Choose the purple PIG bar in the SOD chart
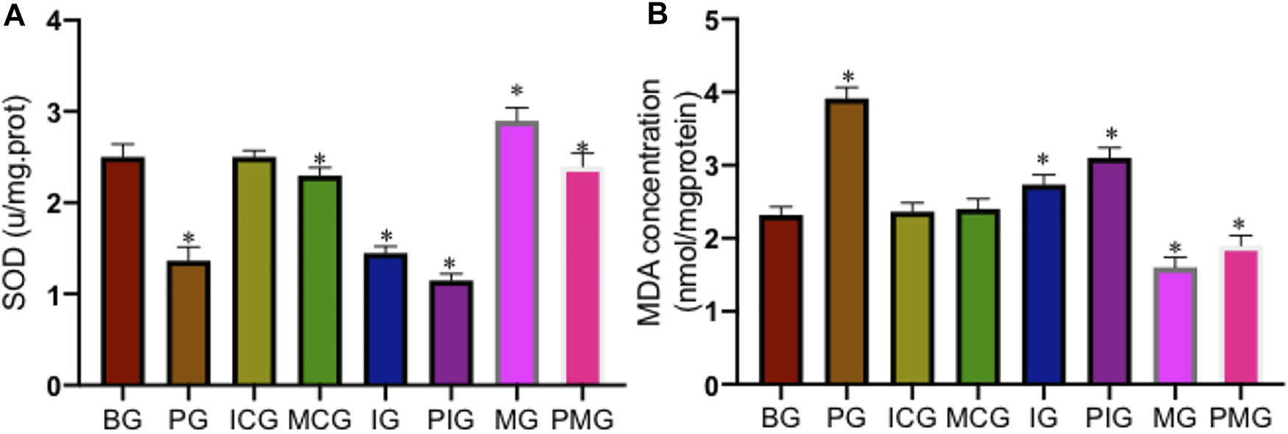coord(450,332)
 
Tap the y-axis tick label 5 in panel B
coord(710,21)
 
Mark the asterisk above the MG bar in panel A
coord(517,91)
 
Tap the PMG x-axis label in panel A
coord(582,420)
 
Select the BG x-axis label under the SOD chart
coord(122,420)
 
